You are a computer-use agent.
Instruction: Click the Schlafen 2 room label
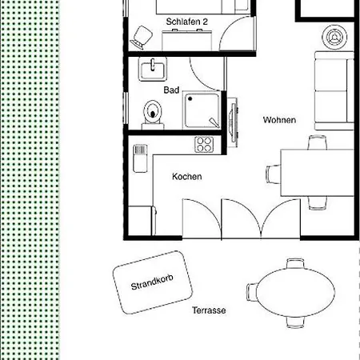(x=186, y=22)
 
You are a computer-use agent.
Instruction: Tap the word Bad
(x=171, y=90)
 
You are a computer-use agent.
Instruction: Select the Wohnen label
(x=279, y=120)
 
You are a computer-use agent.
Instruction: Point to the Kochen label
(x=186, y=177)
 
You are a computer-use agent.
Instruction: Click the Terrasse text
(x=209, y=310)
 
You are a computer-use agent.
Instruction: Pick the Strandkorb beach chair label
(x=152, y=282)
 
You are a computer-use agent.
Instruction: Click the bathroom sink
(x=153, y=69)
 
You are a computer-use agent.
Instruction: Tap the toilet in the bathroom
(x=153, y=114)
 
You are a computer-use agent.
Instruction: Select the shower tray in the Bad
(x=202, y=110)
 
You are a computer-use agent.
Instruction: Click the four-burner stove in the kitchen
(x=204, y=145)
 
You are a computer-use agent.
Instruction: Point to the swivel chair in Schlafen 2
(x=142, y=38)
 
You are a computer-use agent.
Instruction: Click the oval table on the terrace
(x=295, y=293)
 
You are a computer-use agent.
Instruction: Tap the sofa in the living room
(x=334, y=90)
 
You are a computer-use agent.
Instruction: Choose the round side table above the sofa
(x=334, y=38)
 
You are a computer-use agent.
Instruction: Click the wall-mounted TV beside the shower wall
(x=234, y=122)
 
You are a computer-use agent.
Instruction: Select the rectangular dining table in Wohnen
(x=318, y=173)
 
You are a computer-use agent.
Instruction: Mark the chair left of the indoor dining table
(x=273, y=174)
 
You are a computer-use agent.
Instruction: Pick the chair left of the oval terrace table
(x=252, y=292)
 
